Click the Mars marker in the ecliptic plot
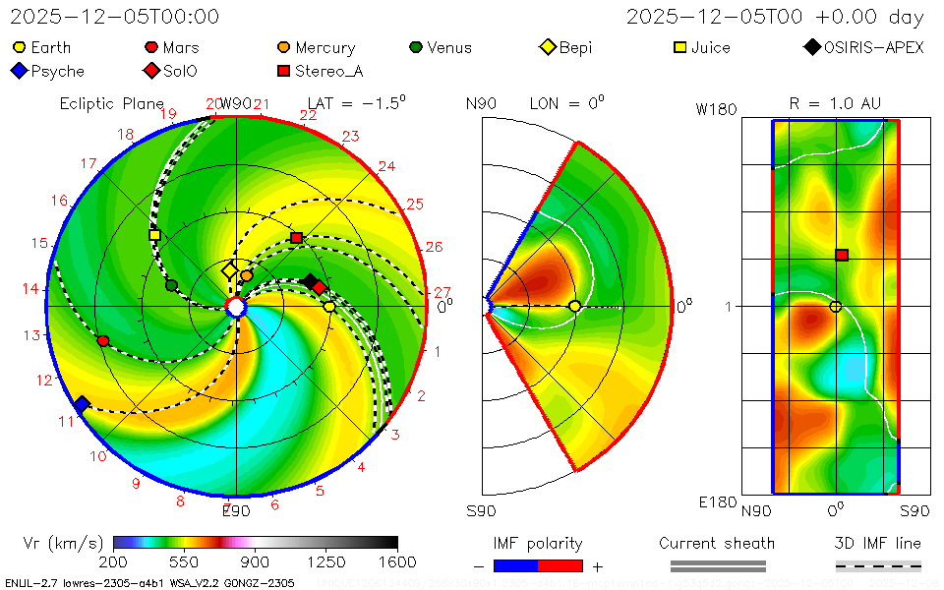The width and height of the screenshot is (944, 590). (x=103, y=340)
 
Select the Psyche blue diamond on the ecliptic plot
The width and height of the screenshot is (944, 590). (x=82, y=405)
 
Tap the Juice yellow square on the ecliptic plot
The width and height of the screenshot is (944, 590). (x=154, y=235)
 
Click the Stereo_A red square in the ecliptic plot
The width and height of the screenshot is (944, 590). (x=296, y=238)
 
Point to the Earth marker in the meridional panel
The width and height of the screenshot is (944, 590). (x=574, y=307)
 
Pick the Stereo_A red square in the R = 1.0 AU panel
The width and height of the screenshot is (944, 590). (x=842, y=255)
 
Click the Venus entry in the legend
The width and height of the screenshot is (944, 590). (x=441, y=47)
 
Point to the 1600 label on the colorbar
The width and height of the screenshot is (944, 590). (x=397, y=562)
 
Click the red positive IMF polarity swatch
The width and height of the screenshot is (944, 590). (x=560, y=565)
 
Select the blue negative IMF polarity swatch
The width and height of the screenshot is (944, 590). (x=515, y=565)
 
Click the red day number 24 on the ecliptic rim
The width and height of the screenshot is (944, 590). (x=386, y=166)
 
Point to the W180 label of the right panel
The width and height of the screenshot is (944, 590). (x=716, y=109)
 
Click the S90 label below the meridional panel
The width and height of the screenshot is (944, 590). (x=481, y=511)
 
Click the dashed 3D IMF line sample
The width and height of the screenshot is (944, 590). (x=878, y=565)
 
